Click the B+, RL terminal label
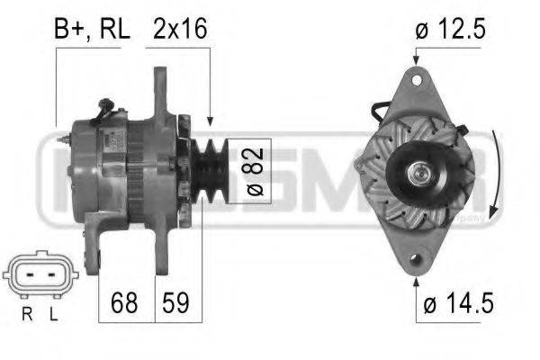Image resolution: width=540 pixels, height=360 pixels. click(92, 29)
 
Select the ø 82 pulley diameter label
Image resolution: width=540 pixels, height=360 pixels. click(256, 172)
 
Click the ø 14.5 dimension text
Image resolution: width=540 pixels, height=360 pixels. click(458, 302)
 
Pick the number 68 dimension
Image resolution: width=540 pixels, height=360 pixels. click(124, 302)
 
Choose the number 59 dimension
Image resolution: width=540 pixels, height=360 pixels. click(175, 302)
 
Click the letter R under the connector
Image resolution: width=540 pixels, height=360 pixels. click(27, 314)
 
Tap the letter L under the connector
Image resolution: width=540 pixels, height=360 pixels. click(53, 314)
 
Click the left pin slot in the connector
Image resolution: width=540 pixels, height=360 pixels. click(30, 274)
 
